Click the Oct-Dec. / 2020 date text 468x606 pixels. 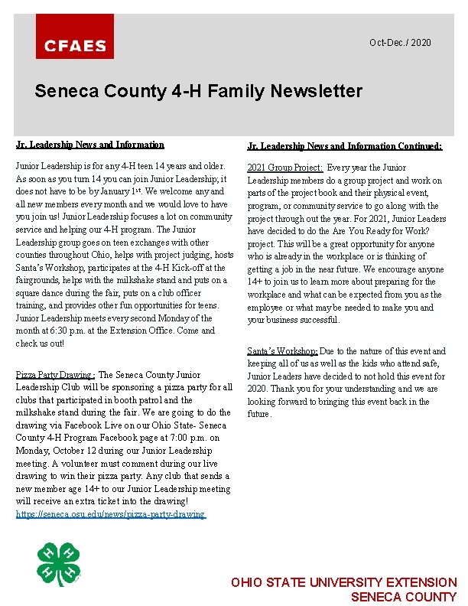(400, 43)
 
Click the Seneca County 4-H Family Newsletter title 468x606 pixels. (198, 91)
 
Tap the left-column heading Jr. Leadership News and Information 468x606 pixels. (90, 145)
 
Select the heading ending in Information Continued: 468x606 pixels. (344, 145)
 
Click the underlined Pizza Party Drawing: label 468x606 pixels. (55, 375)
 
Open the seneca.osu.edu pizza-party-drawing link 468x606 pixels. (110, 514)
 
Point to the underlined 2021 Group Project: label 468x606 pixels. (284, 168)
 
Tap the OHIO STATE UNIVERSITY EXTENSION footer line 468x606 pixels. (343, 583)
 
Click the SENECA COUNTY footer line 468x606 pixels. (403, 597)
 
